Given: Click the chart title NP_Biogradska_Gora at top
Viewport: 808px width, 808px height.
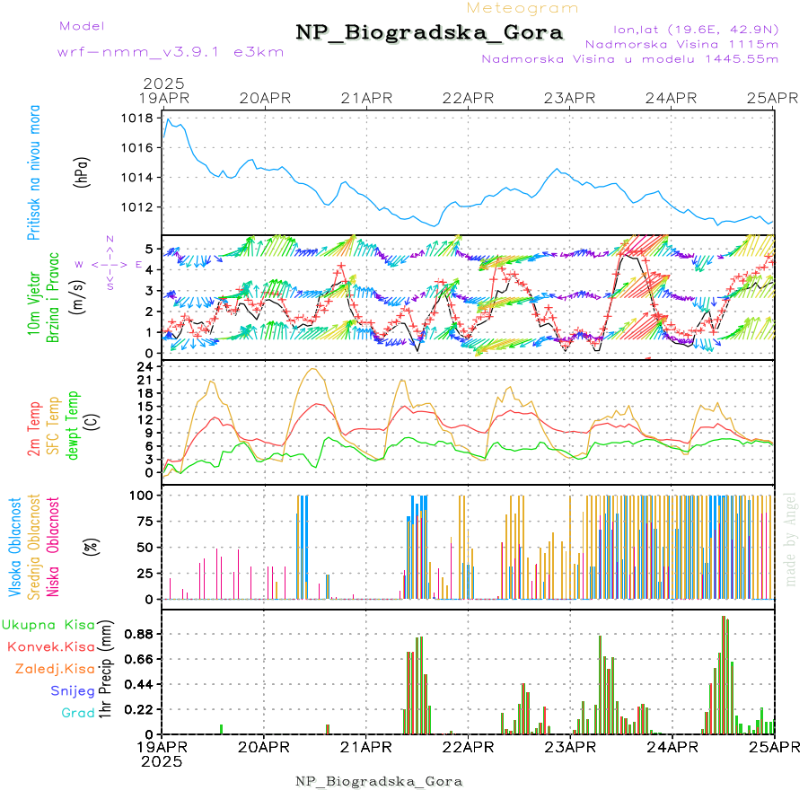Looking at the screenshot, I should (x=429, y=33).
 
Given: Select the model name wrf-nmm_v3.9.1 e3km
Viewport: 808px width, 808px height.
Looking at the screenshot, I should (x=171, y=51).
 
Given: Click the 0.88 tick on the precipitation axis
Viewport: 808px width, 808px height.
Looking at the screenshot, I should (x=136, y=634).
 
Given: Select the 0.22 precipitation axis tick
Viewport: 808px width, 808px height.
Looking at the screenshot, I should (x=136, y=709).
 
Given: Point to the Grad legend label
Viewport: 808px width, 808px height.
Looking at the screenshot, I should (x=78, y=713).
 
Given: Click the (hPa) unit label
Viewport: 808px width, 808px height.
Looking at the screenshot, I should (x=83, y=171).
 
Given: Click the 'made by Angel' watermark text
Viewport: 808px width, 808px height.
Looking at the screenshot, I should (x=791, y=539).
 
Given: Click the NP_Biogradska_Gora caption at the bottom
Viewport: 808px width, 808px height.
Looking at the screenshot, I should (x=379, y=781).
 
